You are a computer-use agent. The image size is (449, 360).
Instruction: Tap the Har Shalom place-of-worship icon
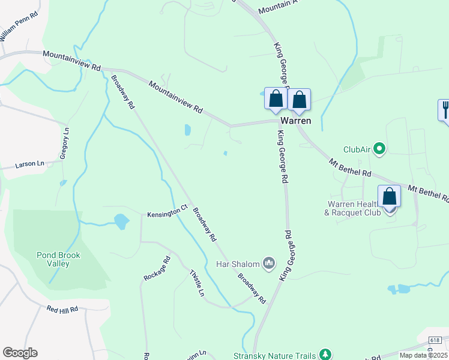[269, 263]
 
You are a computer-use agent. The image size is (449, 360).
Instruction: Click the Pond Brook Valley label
[58, 259]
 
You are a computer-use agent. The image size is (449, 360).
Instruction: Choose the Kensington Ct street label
[164, 213]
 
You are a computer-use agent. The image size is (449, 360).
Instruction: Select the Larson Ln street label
[30, 163]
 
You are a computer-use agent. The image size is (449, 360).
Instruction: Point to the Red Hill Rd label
[63, 310]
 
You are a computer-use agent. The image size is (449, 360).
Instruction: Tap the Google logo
[20, 353]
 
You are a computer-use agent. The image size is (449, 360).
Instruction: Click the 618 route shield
[436, 340]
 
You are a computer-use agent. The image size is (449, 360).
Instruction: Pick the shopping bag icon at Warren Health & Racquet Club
[389, 196]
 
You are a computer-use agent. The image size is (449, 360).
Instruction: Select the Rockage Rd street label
[157, 269]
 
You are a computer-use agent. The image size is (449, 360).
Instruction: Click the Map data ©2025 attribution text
[424, 355]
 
